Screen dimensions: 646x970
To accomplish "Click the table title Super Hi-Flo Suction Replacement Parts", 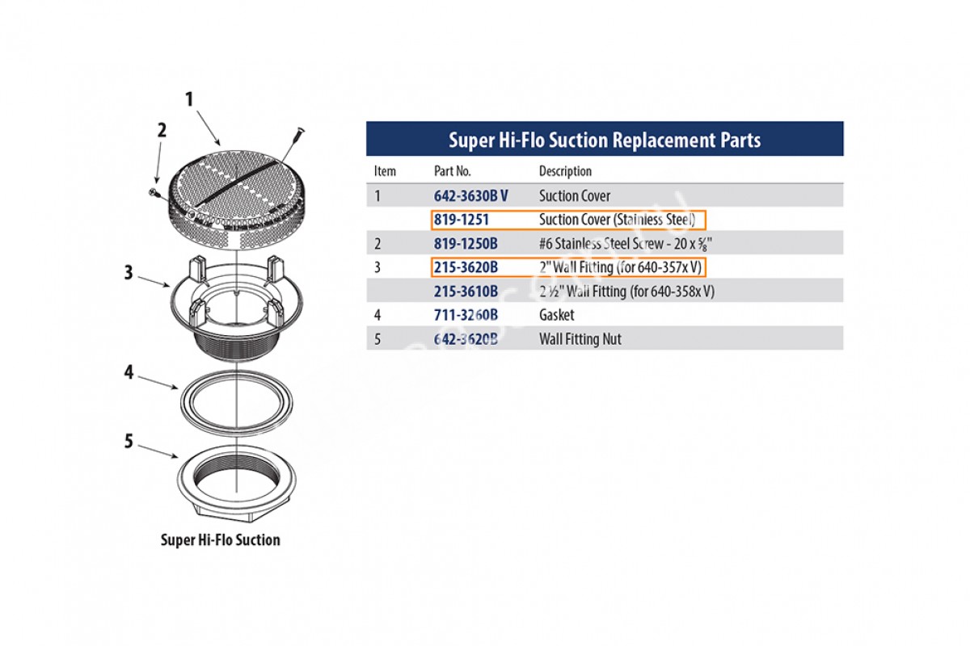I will click(x=605, y=140).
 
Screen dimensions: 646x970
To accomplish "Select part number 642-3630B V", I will click(x=470, y=195).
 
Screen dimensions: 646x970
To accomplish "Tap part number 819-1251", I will click(x=462, y=220).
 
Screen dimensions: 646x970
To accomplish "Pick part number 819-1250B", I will click(x=466, y=243).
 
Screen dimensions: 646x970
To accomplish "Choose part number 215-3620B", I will click(x=466, y=266).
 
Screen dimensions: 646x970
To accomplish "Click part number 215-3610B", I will click(x=466, y=292).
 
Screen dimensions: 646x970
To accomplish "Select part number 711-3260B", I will click(x=466, y=315).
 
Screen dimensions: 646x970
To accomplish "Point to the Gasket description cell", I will click(x=556, y=315).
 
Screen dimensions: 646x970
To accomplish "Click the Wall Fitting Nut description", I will click(x=580, y=339).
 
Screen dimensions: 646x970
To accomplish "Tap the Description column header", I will click(x=565, y=171).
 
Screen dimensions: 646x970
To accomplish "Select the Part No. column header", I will click(x=452, y=171).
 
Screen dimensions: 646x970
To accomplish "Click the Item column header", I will click(x=385, y=171).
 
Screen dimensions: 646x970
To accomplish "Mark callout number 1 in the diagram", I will click(x=190, y=100).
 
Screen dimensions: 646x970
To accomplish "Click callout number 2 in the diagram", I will click(x=162, y=131).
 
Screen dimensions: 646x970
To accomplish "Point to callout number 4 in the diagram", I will click(x=128, y=374).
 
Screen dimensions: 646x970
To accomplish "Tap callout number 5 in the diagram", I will click(x=128, y=442).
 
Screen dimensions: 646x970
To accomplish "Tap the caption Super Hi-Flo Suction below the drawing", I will click(x=221, y=540).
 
